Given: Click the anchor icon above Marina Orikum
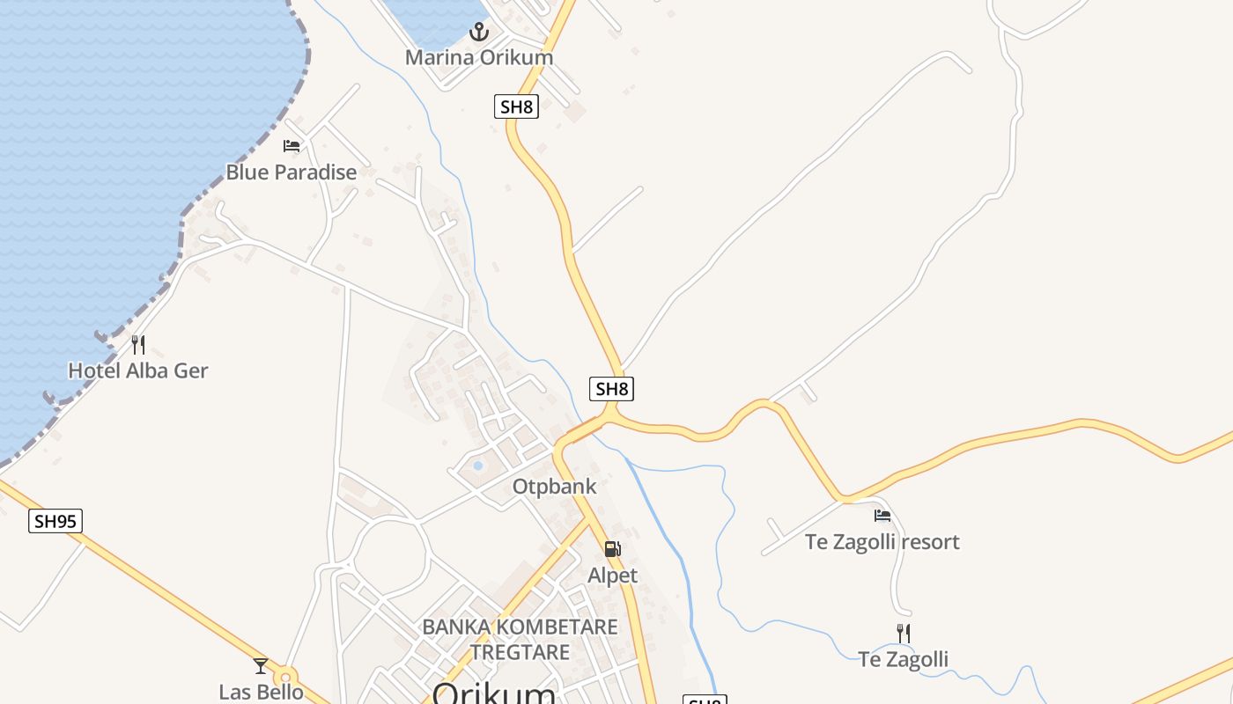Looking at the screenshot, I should point(478,33).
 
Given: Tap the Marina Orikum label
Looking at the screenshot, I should point(479,57).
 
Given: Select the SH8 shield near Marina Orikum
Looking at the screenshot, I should point(516,107).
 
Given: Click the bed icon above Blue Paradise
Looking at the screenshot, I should point(292,146).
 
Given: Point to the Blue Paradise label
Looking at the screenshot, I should point(292,172).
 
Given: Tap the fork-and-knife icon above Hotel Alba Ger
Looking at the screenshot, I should point(138,344).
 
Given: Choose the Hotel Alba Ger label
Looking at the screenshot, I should point(138,370).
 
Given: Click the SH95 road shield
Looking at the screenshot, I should point(55,521).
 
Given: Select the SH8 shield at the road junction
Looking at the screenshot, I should point(612,389).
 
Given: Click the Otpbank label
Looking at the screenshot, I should point(555,487).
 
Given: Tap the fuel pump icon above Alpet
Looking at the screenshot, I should point(612,549).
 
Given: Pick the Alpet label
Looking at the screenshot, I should point(612,576).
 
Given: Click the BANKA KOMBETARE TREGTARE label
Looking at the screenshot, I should point(520,640).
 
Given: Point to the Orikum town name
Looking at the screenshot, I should point(494,693).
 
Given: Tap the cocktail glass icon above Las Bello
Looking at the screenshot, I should point(261,666).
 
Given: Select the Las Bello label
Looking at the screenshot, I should point(261,692).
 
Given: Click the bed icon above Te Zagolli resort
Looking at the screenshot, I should point(882,516).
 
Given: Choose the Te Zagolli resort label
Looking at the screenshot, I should point(882,542).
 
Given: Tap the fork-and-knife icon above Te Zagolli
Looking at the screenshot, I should point(904,633).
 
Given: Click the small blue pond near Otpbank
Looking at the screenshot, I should point(477,465).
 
